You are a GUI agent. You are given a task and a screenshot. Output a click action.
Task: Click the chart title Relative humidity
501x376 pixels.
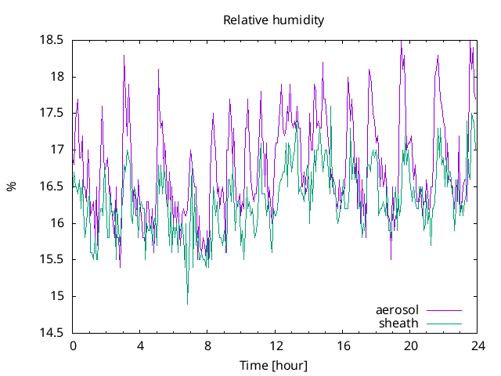coord(273,20)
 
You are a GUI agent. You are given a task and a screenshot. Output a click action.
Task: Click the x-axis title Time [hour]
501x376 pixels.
coord(273,365)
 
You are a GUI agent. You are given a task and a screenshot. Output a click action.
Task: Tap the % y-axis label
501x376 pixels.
coord(12,186)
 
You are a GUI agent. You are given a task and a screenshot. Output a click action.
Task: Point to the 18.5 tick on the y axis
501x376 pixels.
coord(53,40)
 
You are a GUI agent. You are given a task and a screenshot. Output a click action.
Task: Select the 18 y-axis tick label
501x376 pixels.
coord(58,77)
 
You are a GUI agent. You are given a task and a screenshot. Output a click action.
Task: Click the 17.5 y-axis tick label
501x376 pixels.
coord(53,113)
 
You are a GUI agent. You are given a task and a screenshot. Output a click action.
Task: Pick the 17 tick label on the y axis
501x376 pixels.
coord(58,150)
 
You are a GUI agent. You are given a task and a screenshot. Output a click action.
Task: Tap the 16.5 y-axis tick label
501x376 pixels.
coord(53,186)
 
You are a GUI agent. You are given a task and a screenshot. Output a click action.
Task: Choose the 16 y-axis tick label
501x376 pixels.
coord(58,223)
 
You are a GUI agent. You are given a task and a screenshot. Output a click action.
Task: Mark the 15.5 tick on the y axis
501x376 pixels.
coord(53,259)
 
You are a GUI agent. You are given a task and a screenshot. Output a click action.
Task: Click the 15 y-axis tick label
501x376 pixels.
coord(58,296)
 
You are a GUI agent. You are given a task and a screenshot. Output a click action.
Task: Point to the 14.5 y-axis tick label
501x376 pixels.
coord(53,333)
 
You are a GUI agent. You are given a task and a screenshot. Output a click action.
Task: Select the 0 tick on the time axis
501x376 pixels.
coord(73,345)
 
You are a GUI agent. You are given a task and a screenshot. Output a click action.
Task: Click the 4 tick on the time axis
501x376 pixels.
coord(140,345)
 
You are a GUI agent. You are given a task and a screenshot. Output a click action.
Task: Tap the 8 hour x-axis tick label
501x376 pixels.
coord(208,345)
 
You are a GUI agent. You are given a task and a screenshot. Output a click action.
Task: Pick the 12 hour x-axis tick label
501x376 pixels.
coord(276,345)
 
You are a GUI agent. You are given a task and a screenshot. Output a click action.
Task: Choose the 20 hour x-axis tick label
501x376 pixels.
coord(411,345)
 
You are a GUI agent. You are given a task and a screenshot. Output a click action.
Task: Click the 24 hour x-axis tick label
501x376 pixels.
coord(478,345)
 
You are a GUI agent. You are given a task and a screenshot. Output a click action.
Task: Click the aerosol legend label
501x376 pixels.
coord(398,309)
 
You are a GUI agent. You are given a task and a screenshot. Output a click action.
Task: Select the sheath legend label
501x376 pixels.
coord(399,323)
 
